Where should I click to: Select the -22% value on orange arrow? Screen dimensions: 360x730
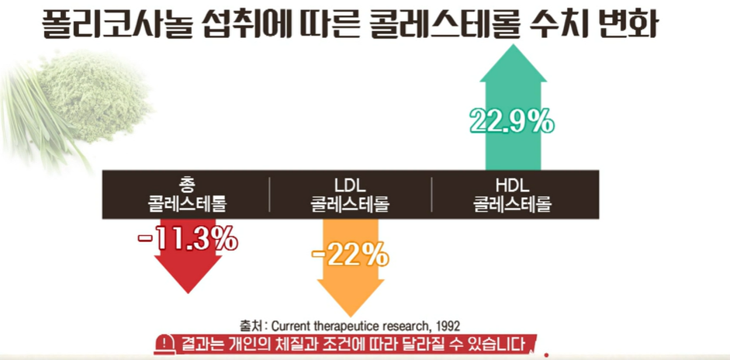click(x=351, y=254)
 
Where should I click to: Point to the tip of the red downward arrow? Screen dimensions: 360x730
click(x=187, y=292)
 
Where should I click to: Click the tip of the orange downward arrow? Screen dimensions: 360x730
click(x=351, y=315)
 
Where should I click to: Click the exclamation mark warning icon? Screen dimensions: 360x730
click(x=165, y=343)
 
